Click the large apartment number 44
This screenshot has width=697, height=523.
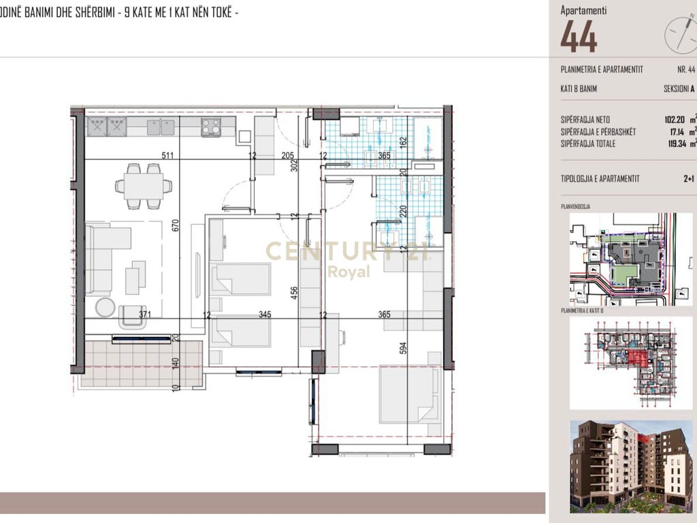point(579,37)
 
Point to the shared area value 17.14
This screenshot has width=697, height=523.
point(679,131)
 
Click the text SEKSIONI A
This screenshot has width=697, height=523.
point(679,89)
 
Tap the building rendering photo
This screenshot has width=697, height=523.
point(630,466)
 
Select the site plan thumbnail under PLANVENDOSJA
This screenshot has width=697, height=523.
point(630,258)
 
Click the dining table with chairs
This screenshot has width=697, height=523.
point(143,184)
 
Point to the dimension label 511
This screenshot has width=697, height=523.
point(167,155)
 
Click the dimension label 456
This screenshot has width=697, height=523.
point(293,294)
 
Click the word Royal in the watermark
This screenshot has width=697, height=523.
point(348,272)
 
